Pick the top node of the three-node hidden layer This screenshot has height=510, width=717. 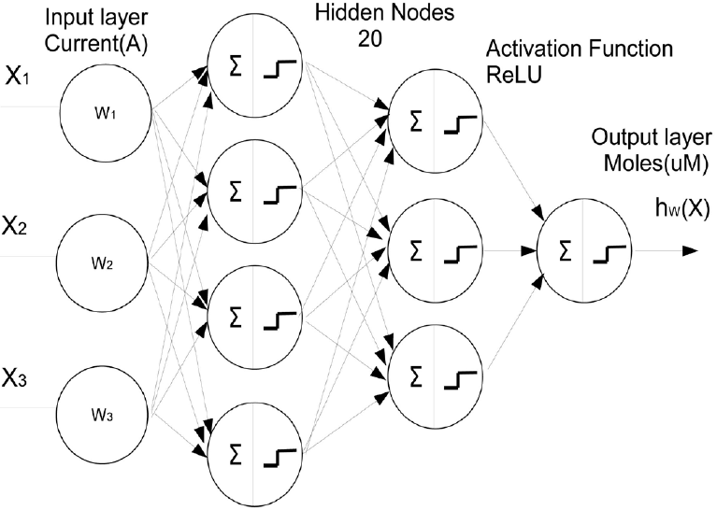(436, 120)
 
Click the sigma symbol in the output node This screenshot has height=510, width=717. (564, 250)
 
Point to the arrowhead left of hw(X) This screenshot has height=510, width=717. (690, 250)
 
